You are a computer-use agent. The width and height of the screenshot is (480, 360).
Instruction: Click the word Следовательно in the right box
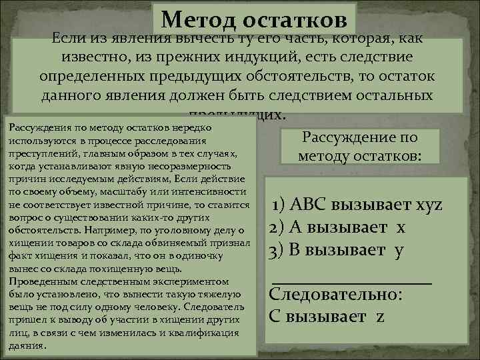(335, 294)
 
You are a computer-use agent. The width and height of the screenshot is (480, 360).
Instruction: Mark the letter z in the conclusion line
(380, 317)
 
